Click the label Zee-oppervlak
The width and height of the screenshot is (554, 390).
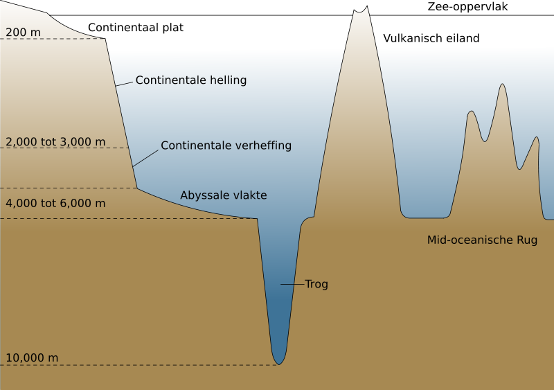[467, 7]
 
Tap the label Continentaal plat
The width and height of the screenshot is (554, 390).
[136, 28]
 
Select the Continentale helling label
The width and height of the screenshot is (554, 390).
[191, 80]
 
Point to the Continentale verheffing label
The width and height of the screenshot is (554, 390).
[226, 145]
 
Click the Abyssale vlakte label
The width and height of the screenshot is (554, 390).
[224, 195]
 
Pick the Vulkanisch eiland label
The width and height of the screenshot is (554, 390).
[431, 38]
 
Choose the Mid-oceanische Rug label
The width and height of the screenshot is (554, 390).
[482, 240]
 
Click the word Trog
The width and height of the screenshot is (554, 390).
[316, 284]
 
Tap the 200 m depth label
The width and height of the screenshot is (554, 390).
[23, 33]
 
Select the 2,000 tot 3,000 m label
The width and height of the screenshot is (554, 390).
[55, 142]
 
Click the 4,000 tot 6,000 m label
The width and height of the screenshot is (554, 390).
[55, 203]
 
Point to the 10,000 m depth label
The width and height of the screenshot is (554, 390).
[32, 358]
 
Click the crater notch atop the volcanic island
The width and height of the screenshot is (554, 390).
[360, 12]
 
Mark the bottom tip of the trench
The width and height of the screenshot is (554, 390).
[279, 364]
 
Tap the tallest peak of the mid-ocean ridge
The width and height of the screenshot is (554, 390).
[502, 84]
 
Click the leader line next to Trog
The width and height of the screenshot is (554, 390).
[292, 284]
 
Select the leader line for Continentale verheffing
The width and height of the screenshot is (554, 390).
[145, 158]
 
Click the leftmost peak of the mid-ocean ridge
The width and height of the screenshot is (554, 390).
[471, 112]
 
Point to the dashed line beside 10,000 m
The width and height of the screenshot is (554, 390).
[139, 365]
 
